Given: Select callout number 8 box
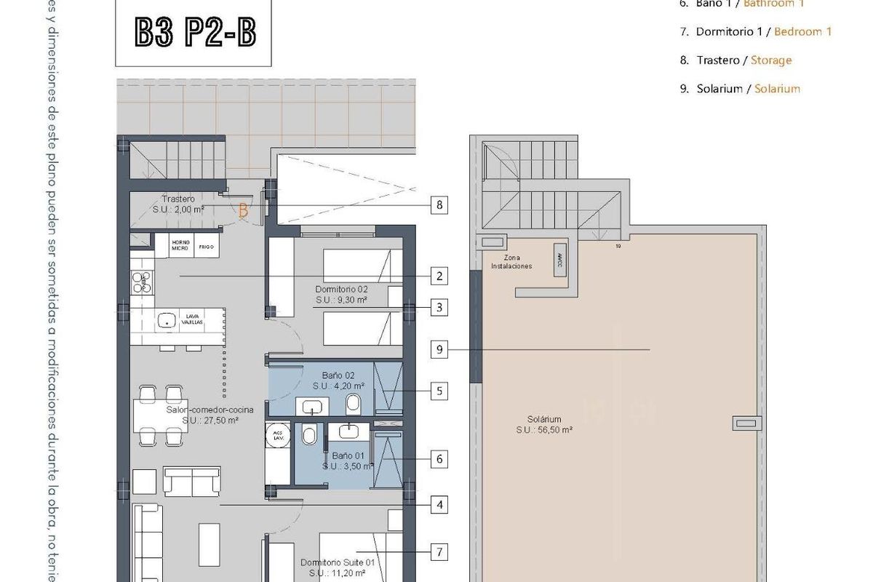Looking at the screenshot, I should tap(438, 205).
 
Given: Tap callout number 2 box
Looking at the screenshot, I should tap(438, 276).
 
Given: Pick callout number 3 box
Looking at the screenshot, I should tap(438, 307).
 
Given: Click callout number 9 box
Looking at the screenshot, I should tap(438, 349).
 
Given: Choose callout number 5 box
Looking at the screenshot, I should tap(438, 391).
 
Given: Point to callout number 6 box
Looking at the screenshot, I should tap(438, 459).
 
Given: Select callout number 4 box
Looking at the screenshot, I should tap(438, 504).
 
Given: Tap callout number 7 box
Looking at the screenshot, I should tap(438, 551).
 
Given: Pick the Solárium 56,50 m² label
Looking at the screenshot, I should tap(545, 424).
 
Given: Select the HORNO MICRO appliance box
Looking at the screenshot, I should tap(181, 245).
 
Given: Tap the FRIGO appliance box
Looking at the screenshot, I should tap(206, 245).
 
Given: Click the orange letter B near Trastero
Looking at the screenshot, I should tap(244, 210).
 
